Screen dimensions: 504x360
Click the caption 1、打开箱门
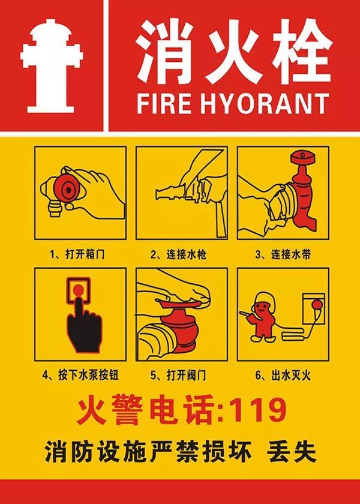point(80,254)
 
